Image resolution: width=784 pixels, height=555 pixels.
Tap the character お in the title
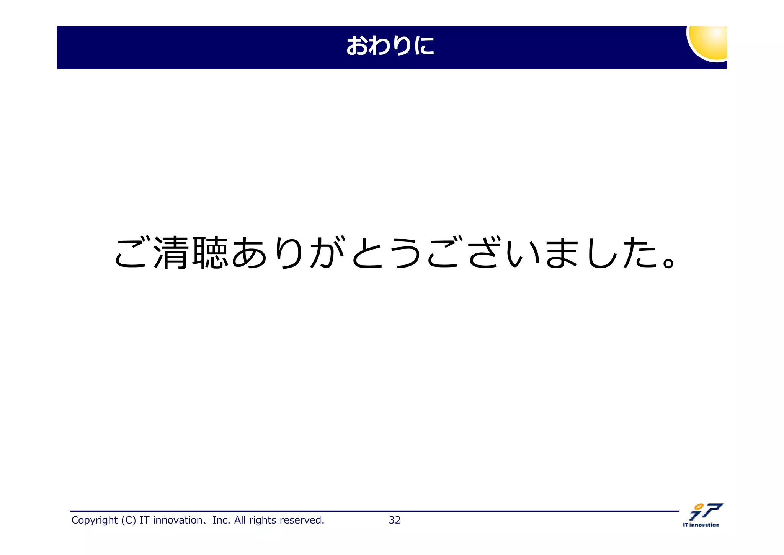[x=357, y=46]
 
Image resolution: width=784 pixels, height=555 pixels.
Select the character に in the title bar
[x=423, y=46]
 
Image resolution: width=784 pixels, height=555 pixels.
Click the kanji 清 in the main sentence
[x=171, y=253]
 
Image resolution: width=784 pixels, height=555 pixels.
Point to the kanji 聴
[x=210, y=253]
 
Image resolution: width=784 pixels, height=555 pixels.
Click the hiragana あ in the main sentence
[x=249, y=253]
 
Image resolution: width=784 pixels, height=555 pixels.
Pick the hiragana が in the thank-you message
[x=328, y=253]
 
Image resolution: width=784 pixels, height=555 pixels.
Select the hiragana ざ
[x=484, y=253]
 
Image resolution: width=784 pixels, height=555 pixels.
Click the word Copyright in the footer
[x=94, y=520]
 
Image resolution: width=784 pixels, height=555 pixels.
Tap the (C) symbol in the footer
[x=128, y=520]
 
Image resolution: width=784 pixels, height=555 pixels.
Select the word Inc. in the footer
[x=221, y=520]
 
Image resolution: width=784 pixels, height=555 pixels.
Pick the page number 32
[x=395, y=520]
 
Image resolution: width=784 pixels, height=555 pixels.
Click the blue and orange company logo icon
[x=706, y=512]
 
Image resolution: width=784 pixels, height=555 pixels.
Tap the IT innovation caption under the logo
[x=701, y=525]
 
